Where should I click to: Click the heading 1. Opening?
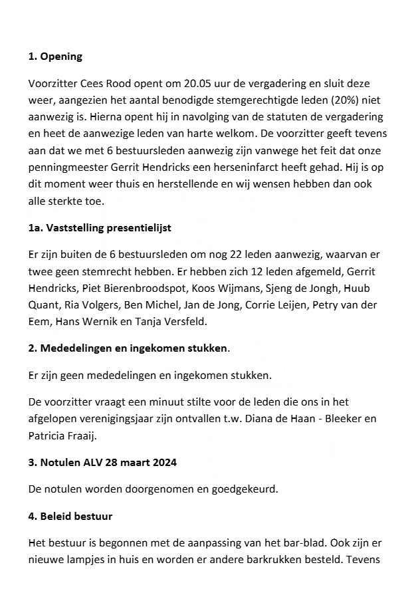(x=55, y=57)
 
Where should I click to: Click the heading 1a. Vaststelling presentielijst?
(x=100, y=227)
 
